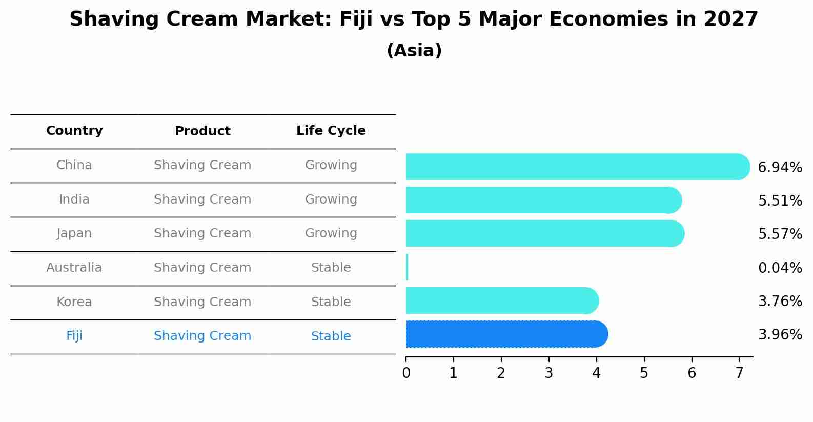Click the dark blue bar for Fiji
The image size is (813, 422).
coord(506,334)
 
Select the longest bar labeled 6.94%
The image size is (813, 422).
coord(577,167)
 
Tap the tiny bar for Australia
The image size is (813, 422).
coord(407,267)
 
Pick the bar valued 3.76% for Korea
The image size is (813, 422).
coord(501,300)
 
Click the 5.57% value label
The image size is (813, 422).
coord(780,234)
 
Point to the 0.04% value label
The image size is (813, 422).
coord(780,268)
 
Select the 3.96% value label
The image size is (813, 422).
coord(780,335)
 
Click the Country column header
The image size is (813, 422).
coord(74,131)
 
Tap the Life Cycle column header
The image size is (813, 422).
coord(331,131)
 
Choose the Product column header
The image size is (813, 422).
coord(202,131)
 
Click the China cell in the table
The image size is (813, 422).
coord(74,165)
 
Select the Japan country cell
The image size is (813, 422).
coord(74,233)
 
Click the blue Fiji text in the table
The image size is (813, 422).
coord(74,336)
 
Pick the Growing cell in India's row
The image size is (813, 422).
coord(331,199)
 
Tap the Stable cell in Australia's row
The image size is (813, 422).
coord(331,268)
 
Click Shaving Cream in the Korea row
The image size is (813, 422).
coord(202,302)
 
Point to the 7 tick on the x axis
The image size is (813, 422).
coord(739,373)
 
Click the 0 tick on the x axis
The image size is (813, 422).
coord(406,373)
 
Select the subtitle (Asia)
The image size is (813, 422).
coord(414,51)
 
